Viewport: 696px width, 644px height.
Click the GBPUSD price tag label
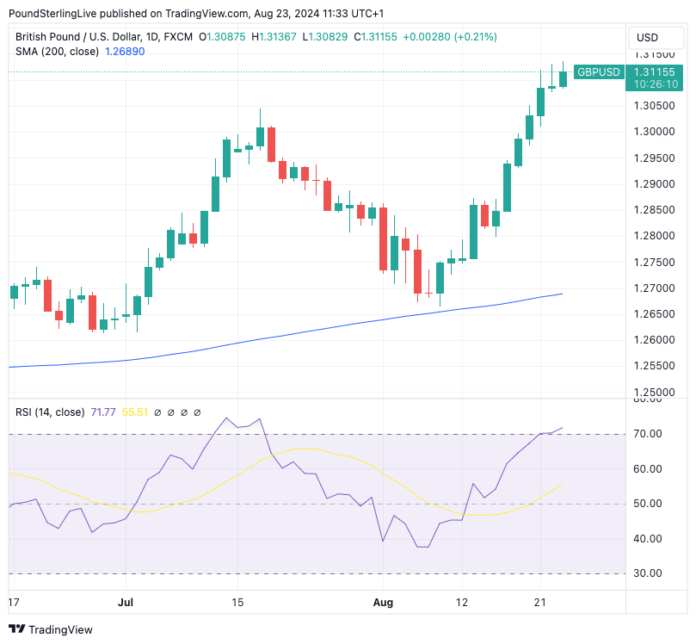pyautogui.click(x=598, y=71)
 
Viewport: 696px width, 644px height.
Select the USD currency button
pyautogui.click(x=646, y=38)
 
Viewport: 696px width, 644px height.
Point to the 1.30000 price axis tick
pyautogui.click(x=653, y=132)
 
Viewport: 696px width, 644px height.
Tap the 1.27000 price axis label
pyautogui.click(x=653, y=288)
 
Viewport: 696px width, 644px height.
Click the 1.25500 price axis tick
pyautogui.click(x=653, y=366)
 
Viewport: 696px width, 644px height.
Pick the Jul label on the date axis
pyautogui.click(x=126, y=603)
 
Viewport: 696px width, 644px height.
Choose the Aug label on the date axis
pyautogui.click(x=384, y=603)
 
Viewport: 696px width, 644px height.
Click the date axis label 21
pyautogui.click(x=540, y=603)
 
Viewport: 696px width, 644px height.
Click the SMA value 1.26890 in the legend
pyautogui.click(x=125, y=52)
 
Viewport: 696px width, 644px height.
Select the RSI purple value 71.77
pyautogui.click(x=104, y=412)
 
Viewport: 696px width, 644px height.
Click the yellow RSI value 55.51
pyautogui.click(x=136, y=412)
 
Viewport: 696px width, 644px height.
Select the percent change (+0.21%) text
pyautogui.click(x=474, y=37)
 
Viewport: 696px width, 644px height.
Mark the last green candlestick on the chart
pyautogui.click(x=563, y=78)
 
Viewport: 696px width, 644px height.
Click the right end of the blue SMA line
pyautogui.click(x=562, y=294)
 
